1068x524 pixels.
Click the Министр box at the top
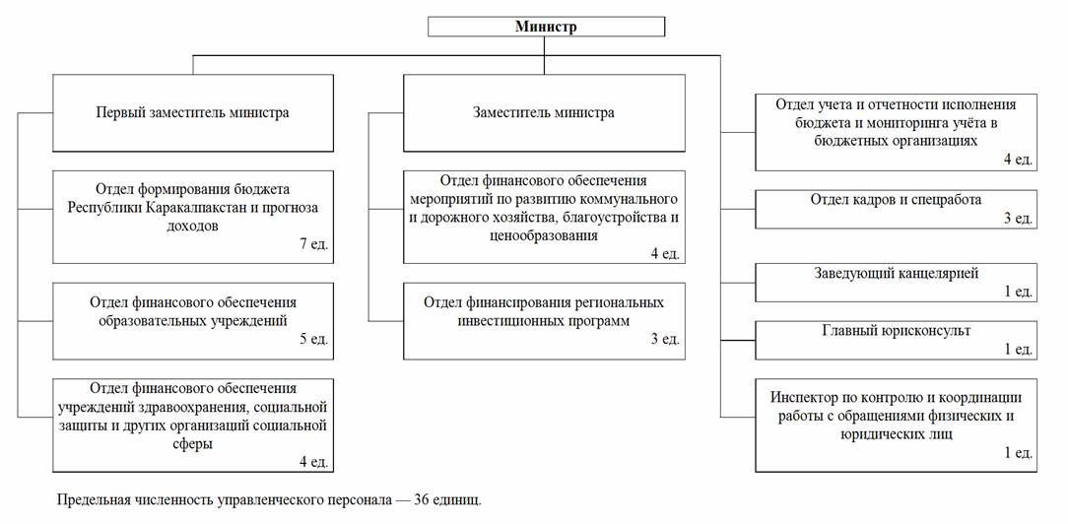pyautogui.click(x=546, y=27)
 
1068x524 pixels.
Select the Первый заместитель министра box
pyautogui.click(x=193, y=113)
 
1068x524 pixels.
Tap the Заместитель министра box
pyautogui.click(x=544, y=113)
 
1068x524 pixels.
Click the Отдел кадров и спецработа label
pyautogui.click(x=896, y=200)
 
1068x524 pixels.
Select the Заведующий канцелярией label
pyautogui.click(x=896, y=274)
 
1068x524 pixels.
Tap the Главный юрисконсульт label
pyautogui.click(x=896, y=331)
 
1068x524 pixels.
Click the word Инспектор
pyautogui.click(x=803, y=397)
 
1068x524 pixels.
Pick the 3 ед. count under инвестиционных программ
pyautogui.click(x=665, y=338)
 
